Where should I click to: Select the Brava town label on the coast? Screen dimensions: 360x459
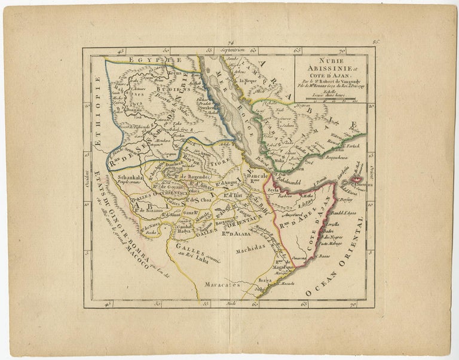click(x=265, y=279)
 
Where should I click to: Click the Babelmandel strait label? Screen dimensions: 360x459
click(x=286, y=177)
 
